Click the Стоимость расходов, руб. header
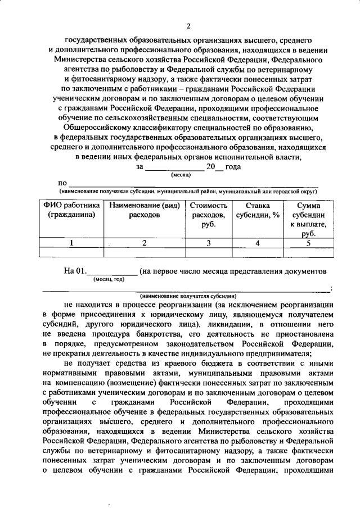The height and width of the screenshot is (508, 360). pyautogui.click(x=208, y=215)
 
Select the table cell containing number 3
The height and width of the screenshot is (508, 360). pyautogui.click(x=208, y=243)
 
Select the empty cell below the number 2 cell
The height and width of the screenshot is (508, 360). pyautogui.click(x=144, y=253)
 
